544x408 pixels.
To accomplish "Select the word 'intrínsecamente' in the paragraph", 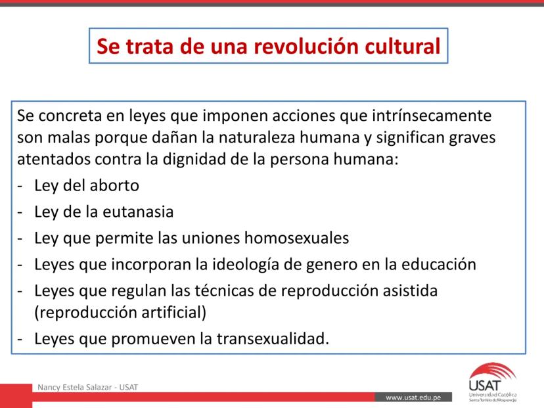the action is tap(432, 116).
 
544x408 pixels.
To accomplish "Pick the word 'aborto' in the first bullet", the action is tap(114, 185).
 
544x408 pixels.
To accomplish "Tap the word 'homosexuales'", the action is tap(296, 238).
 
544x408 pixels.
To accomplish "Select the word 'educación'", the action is tap(438, 264).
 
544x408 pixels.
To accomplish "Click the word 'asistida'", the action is tap(410, 291).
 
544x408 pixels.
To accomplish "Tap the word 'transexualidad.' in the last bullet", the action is tap(273, 338).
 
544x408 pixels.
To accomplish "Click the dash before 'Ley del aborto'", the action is tap(20, 187).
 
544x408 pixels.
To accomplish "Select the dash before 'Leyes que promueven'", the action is tap(20, 340).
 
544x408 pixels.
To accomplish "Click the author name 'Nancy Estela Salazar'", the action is tap(75, 388).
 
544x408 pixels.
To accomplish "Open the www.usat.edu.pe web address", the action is tap(413, 397).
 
